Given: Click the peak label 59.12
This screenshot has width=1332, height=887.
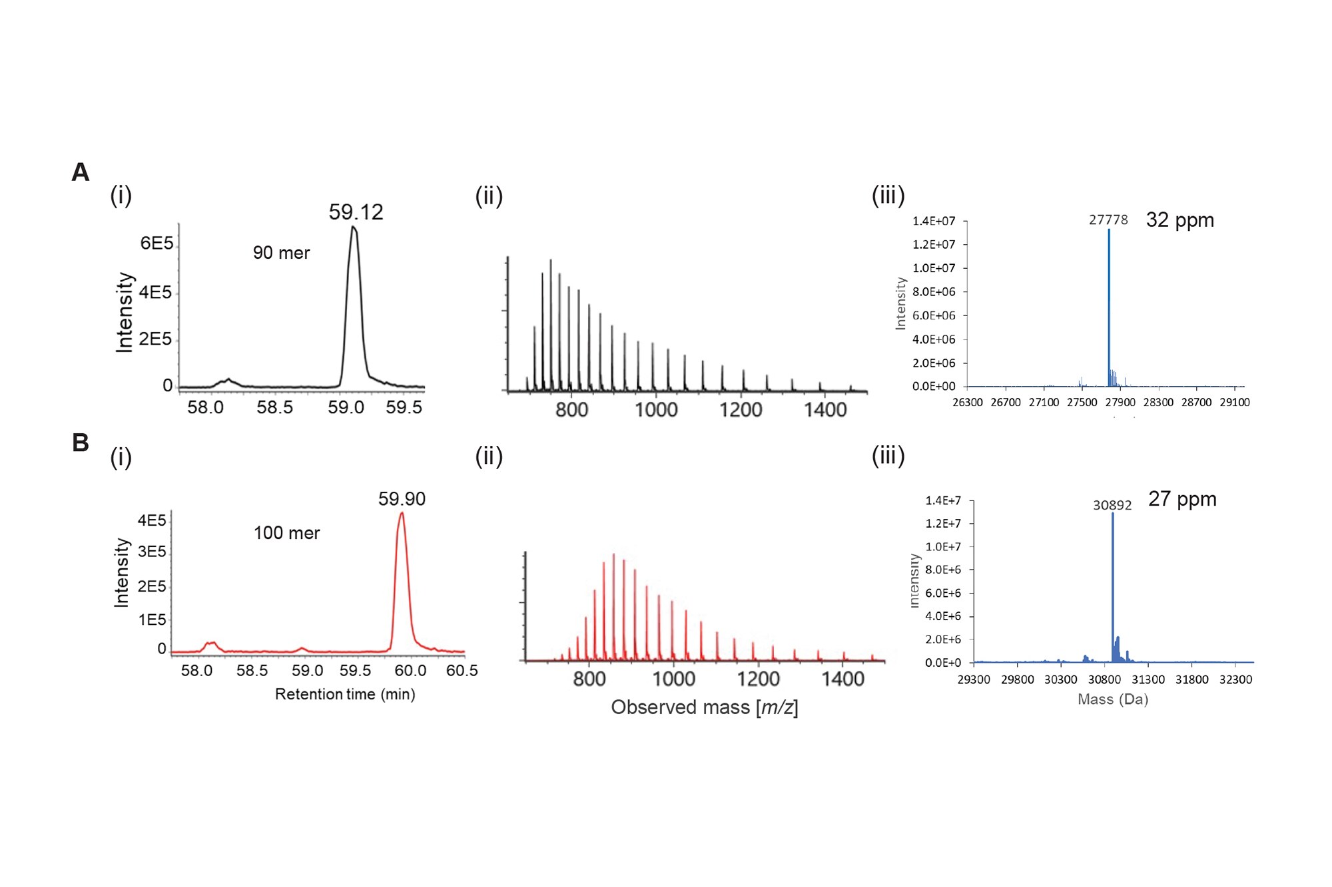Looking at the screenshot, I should pos(356,212).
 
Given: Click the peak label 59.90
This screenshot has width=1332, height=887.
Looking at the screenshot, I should pos(402,498).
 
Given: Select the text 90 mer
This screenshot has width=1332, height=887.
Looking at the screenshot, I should pos(281,253).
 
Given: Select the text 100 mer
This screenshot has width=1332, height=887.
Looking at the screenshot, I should pos(286,533).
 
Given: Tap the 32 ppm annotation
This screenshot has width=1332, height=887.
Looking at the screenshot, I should pos(1179,220).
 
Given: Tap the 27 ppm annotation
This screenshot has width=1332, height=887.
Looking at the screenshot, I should pos(1182,498).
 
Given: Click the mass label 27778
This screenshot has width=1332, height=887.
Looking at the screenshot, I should pos(1108,220).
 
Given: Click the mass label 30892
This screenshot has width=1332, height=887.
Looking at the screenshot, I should pos(1112,505).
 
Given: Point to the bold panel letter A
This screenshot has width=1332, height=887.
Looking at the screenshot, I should pos(81,172).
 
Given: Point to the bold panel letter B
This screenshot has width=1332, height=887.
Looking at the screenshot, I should pos(81,443).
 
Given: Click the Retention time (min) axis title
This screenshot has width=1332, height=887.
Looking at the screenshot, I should pos(345,694).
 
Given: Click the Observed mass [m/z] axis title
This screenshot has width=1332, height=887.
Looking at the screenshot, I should pos(704,707).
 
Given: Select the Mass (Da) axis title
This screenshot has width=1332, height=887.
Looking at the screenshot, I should pos(1113,699).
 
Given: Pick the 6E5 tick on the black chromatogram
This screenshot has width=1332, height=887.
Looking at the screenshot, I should pos(157,244).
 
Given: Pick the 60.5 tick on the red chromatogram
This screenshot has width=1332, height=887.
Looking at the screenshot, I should pos(462,671).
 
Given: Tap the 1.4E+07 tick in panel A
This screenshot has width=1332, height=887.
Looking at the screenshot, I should pos(934,221).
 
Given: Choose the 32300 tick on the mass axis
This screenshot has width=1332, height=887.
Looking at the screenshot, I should pos(1235,679).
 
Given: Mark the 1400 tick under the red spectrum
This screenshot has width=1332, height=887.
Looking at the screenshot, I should pos(843,679).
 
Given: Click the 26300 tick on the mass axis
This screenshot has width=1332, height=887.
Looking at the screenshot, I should pos(968,402).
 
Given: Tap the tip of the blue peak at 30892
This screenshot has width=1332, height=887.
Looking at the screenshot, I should pos(1113,513).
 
